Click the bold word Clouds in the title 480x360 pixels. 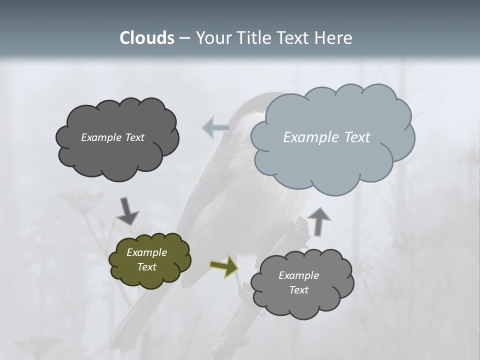147,38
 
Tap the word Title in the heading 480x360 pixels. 255,38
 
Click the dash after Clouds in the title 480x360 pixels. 184,38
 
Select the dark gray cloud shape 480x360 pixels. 117,160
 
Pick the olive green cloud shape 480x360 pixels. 149,277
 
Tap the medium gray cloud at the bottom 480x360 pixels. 302,305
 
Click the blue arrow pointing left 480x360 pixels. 216,127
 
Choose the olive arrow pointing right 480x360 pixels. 224,266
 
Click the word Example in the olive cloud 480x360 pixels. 146,252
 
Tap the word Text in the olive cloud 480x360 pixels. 146,267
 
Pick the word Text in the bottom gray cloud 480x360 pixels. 298,290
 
